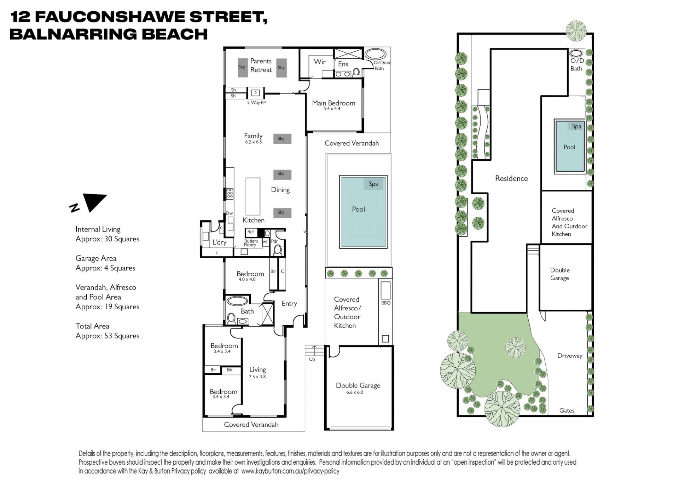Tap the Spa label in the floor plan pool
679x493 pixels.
(373, 184)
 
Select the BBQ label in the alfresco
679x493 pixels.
(385, 303)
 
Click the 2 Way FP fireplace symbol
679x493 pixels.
(255, 93)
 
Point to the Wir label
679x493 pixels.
(320, 62)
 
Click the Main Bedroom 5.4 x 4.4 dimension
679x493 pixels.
(332, 109)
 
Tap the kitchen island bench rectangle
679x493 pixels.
(253, 196)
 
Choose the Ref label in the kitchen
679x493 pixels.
(250, 232)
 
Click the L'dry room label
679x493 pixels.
(219, 242)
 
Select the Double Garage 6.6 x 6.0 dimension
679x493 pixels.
(355, 392)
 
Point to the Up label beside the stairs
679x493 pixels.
(312, 360)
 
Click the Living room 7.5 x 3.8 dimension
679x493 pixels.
(257, 377)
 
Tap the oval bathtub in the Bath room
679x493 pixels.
(237, 301)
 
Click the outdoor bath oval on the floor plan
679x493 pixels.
(375, 54)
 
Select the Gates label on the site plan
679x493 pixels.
(567, 411)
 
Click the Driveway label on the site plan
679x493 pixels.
(570, 356)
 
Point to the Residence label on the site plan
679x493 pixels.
(511, 178)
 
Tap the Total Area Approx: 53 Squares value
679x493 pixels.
(108, 336)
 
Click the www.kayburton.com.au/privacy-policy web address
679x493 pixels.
(290, 471)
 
